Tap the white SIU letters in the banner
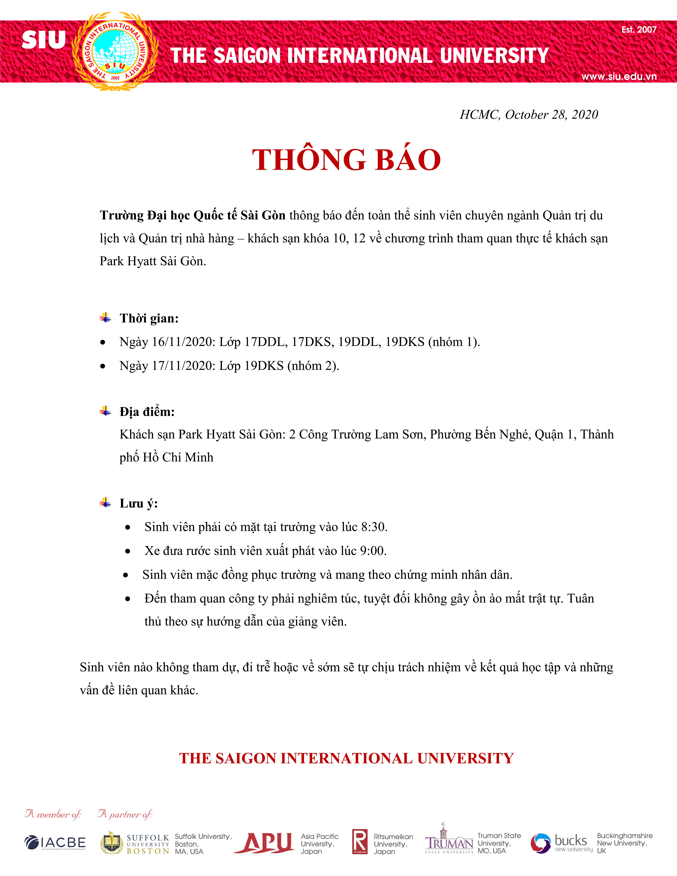pyautogui.click(x=43, y=40)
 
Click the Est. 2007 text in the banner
pyautogui.click(x=639, y=30)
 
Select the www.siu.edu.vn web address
pyautogui.click(x=619, y=76)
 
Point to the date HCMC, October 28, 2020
pyautogui.click(x=529, y=115)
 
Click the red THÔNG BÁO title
pyautogui.click(x=346, y=160)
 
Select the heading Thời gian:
pyautogui.click(x=149, y=318)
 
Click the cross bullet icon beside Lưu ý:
pyautogui.click(x=106, y=503)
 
